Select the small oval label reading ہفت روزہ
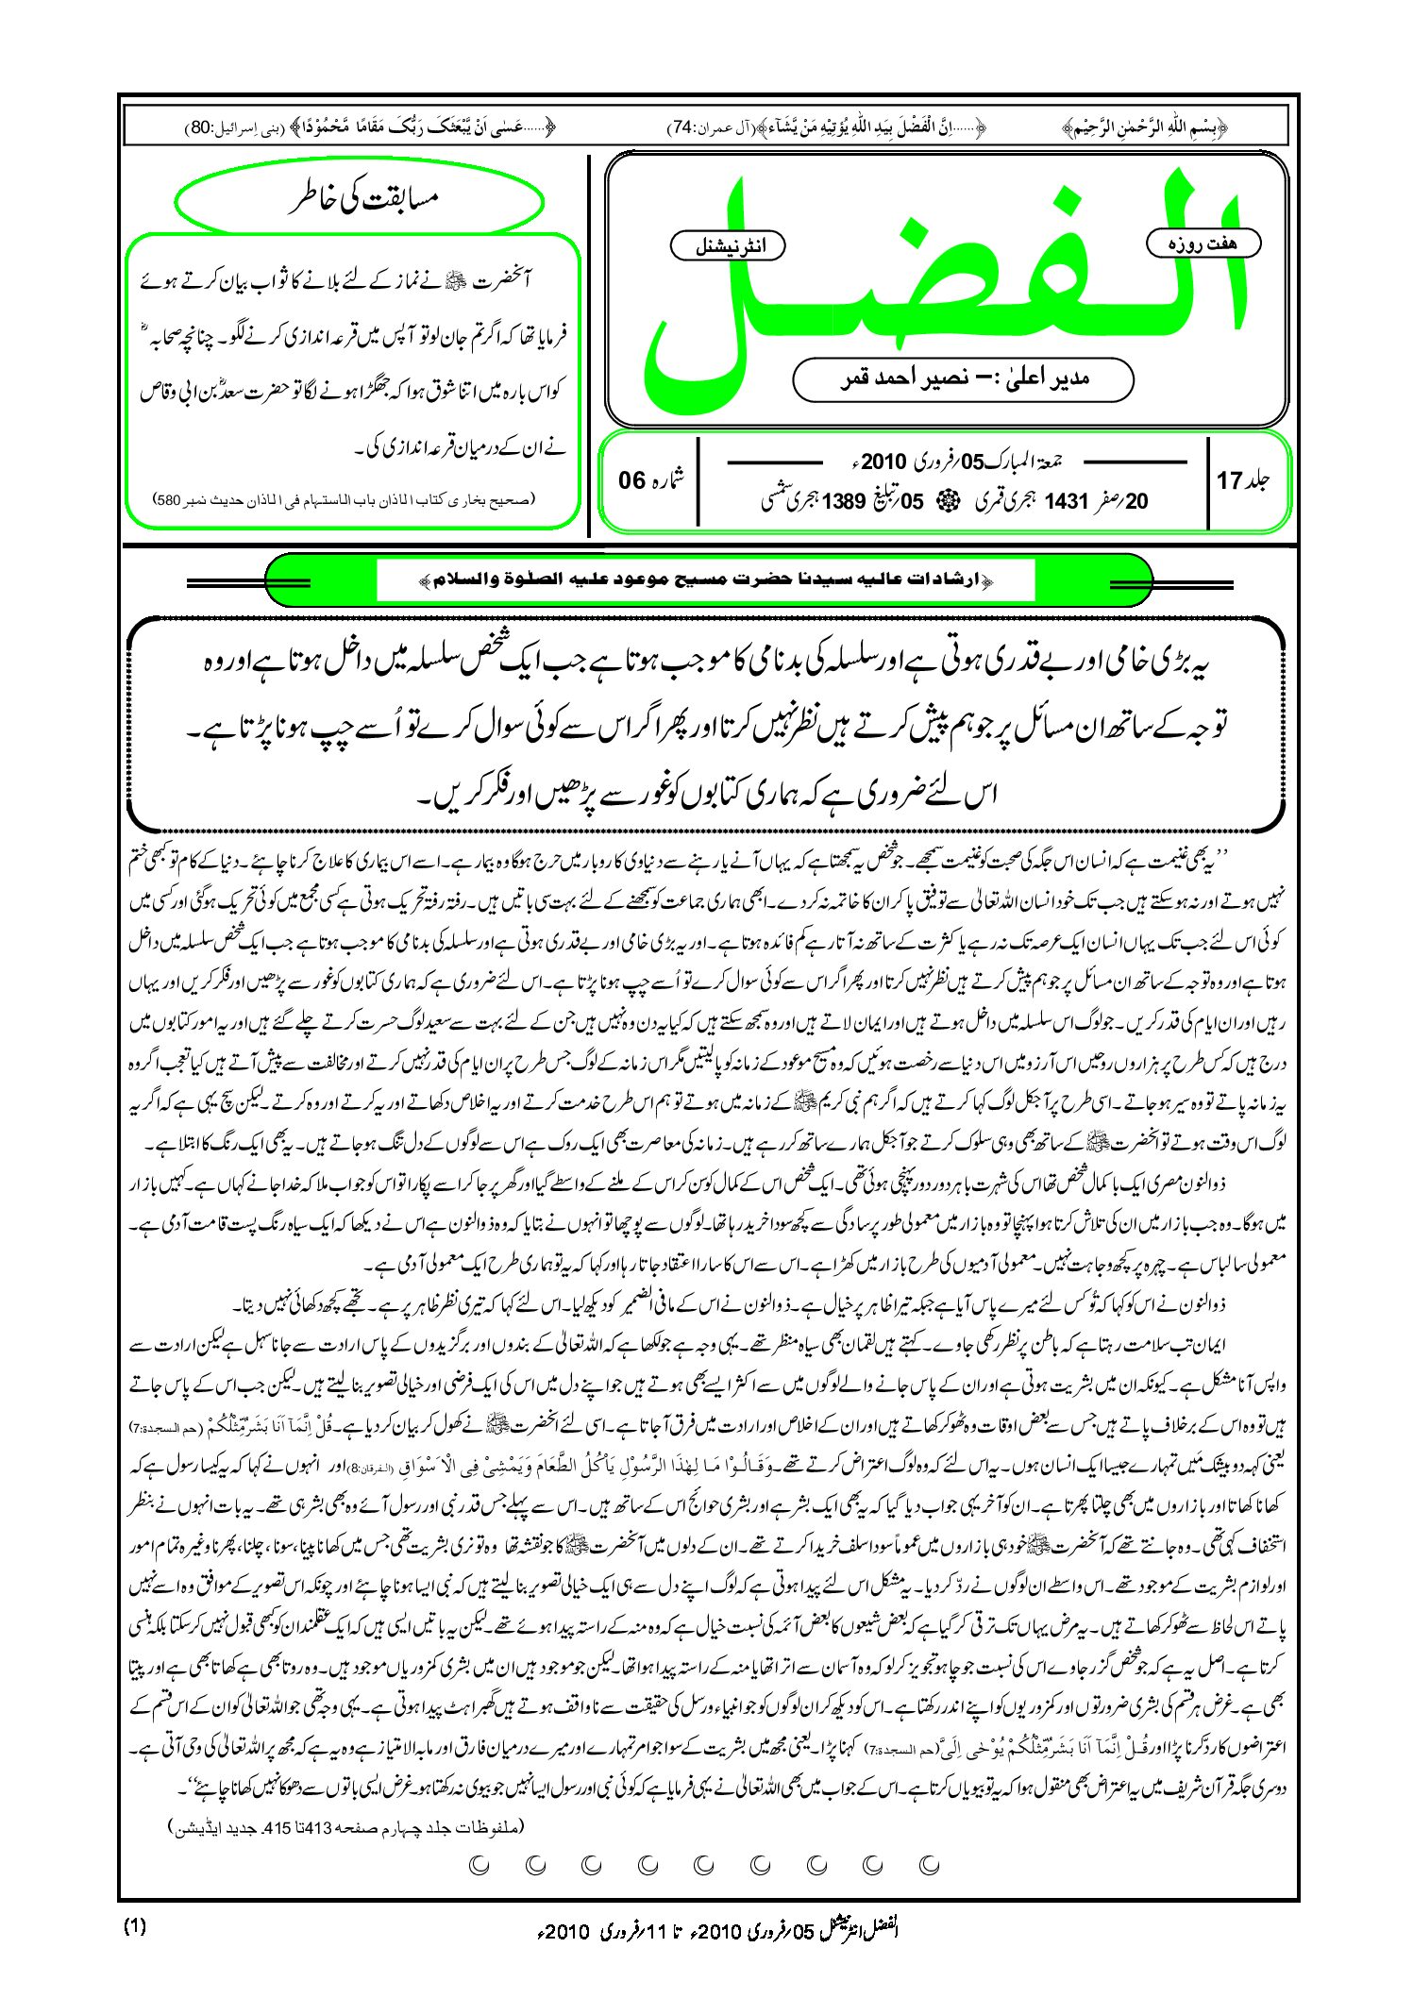[x=1203, y=243]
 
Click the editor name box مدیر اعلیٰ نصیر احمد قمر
[x=963, y=379]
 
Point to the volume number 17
[x=1230, y=481]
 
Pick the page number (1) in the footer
[x=135, y=1927]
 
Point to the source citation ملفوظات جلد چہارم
[x=345, y=1827]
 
